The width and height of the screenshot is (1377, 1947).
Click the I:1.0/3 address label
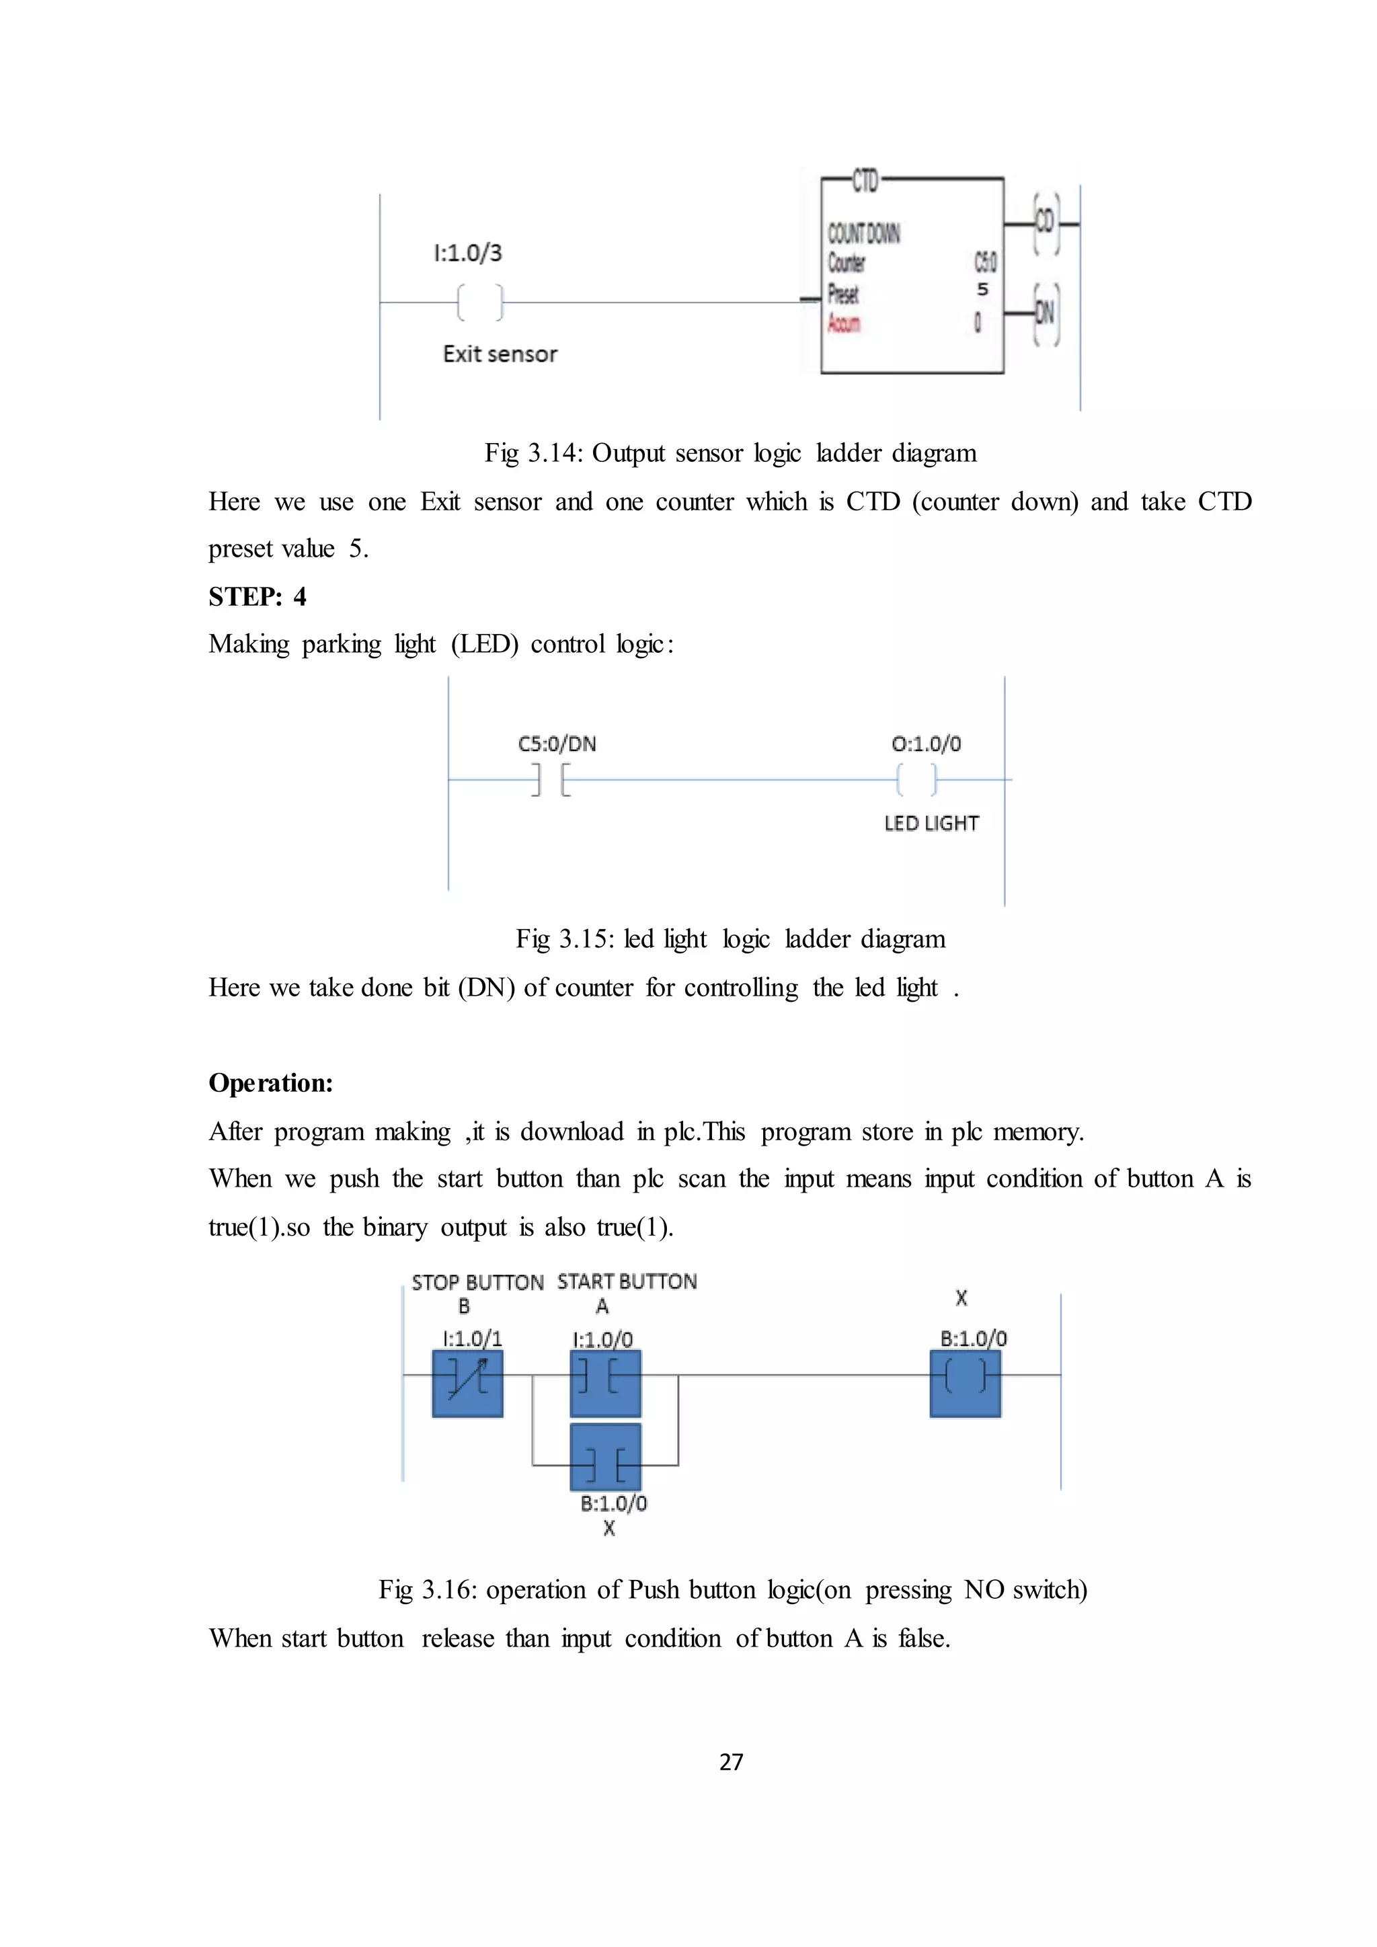point(467,253)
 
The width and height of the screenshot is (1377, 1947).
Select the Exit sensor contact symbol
point(480,302)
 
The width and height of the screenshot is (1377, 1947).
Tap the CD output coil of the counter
point(1046,223)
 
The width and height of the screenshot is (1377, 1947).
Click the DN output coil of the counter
point(1046,315)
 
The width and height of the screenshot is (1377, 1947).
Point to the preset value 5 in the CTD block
point(983,290)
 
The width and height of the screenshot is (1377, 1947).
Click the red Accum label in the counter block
point(844,323)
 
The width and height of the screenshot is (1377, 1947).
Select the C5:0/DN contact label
point(557,744)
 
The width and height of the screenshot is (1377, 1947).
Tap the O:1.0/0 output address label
point(926,744)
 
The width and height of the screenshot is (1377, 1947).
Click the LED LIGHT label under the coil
point(931,824)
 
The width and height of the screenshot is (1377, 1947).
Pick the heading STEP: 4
point(258,597)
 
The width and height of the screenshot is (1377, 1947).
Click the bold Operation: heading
point(270,1083)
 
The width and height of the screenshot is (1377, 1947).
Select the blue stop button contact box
point(467,1383)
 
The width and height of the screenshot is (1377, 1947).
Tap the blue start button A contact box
point(605,1383)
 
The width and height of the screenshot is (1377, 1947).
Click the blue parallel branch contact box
point(605,1456)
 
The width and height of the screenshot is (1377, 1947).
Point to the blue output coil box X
point(965,1383)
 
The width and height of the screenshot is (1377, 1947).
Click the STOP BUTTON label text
point(477,1282)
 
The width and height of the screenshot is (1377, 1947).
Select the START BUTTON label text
point(627,1281)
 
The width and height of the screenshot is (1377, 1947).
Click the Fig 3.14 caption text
point(730,453)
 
